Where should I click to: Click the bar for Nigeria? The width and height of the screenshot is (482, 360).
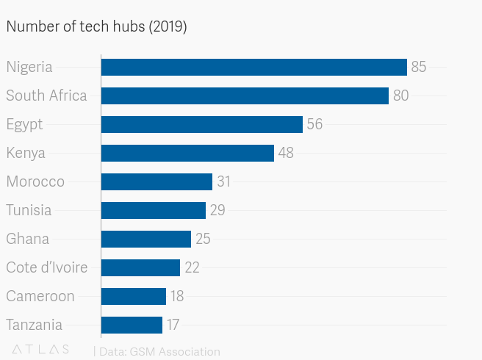point(253,67)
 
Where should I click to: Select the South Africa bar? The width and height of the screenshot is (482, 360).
point(245,96)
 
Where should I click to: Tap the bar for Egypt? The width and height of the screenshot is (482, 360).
point(201,124)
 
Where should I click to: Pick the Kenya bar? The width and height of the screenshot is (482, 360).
point(187,153)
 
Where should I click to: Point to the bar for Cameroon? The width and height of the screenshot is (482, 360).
point(133,296)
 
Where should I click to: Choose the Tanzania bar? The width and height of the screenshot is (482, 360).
point(132,325)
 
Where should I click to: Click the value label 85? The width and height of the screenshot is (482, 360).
point(419,67)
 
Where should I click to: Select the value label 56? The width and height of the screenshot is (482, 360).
point(314,124)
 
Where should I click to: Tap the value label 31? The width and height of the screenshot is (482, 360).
point(224,181)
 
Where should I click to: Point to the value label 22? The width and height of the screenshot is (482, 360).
point(192,267)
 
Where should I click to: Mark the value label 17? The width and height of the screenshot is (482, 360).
point(173,325)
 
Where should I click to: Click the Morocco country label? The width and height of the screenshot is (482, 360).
point(35,181)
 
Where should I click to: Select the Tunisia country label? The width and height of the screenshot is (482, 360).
point(29,210)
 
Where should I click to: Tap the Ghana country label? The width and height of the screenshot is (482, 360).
point(27,239)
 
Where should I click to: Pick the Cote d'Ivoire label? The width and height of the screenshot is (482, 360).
point(47,267)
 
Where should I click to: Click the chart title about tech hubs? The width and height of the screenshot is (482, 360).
point(96,27)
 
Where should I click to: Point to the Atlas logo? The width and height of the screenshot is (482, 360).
point(41,350)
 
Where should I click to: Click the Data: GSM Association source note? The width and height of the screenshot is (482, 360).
point(157,352)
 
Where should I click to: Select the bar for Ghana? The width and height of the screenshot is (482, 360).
point(145,239)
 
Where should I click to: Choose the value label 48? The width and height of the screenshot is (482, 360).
point(286,153)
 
